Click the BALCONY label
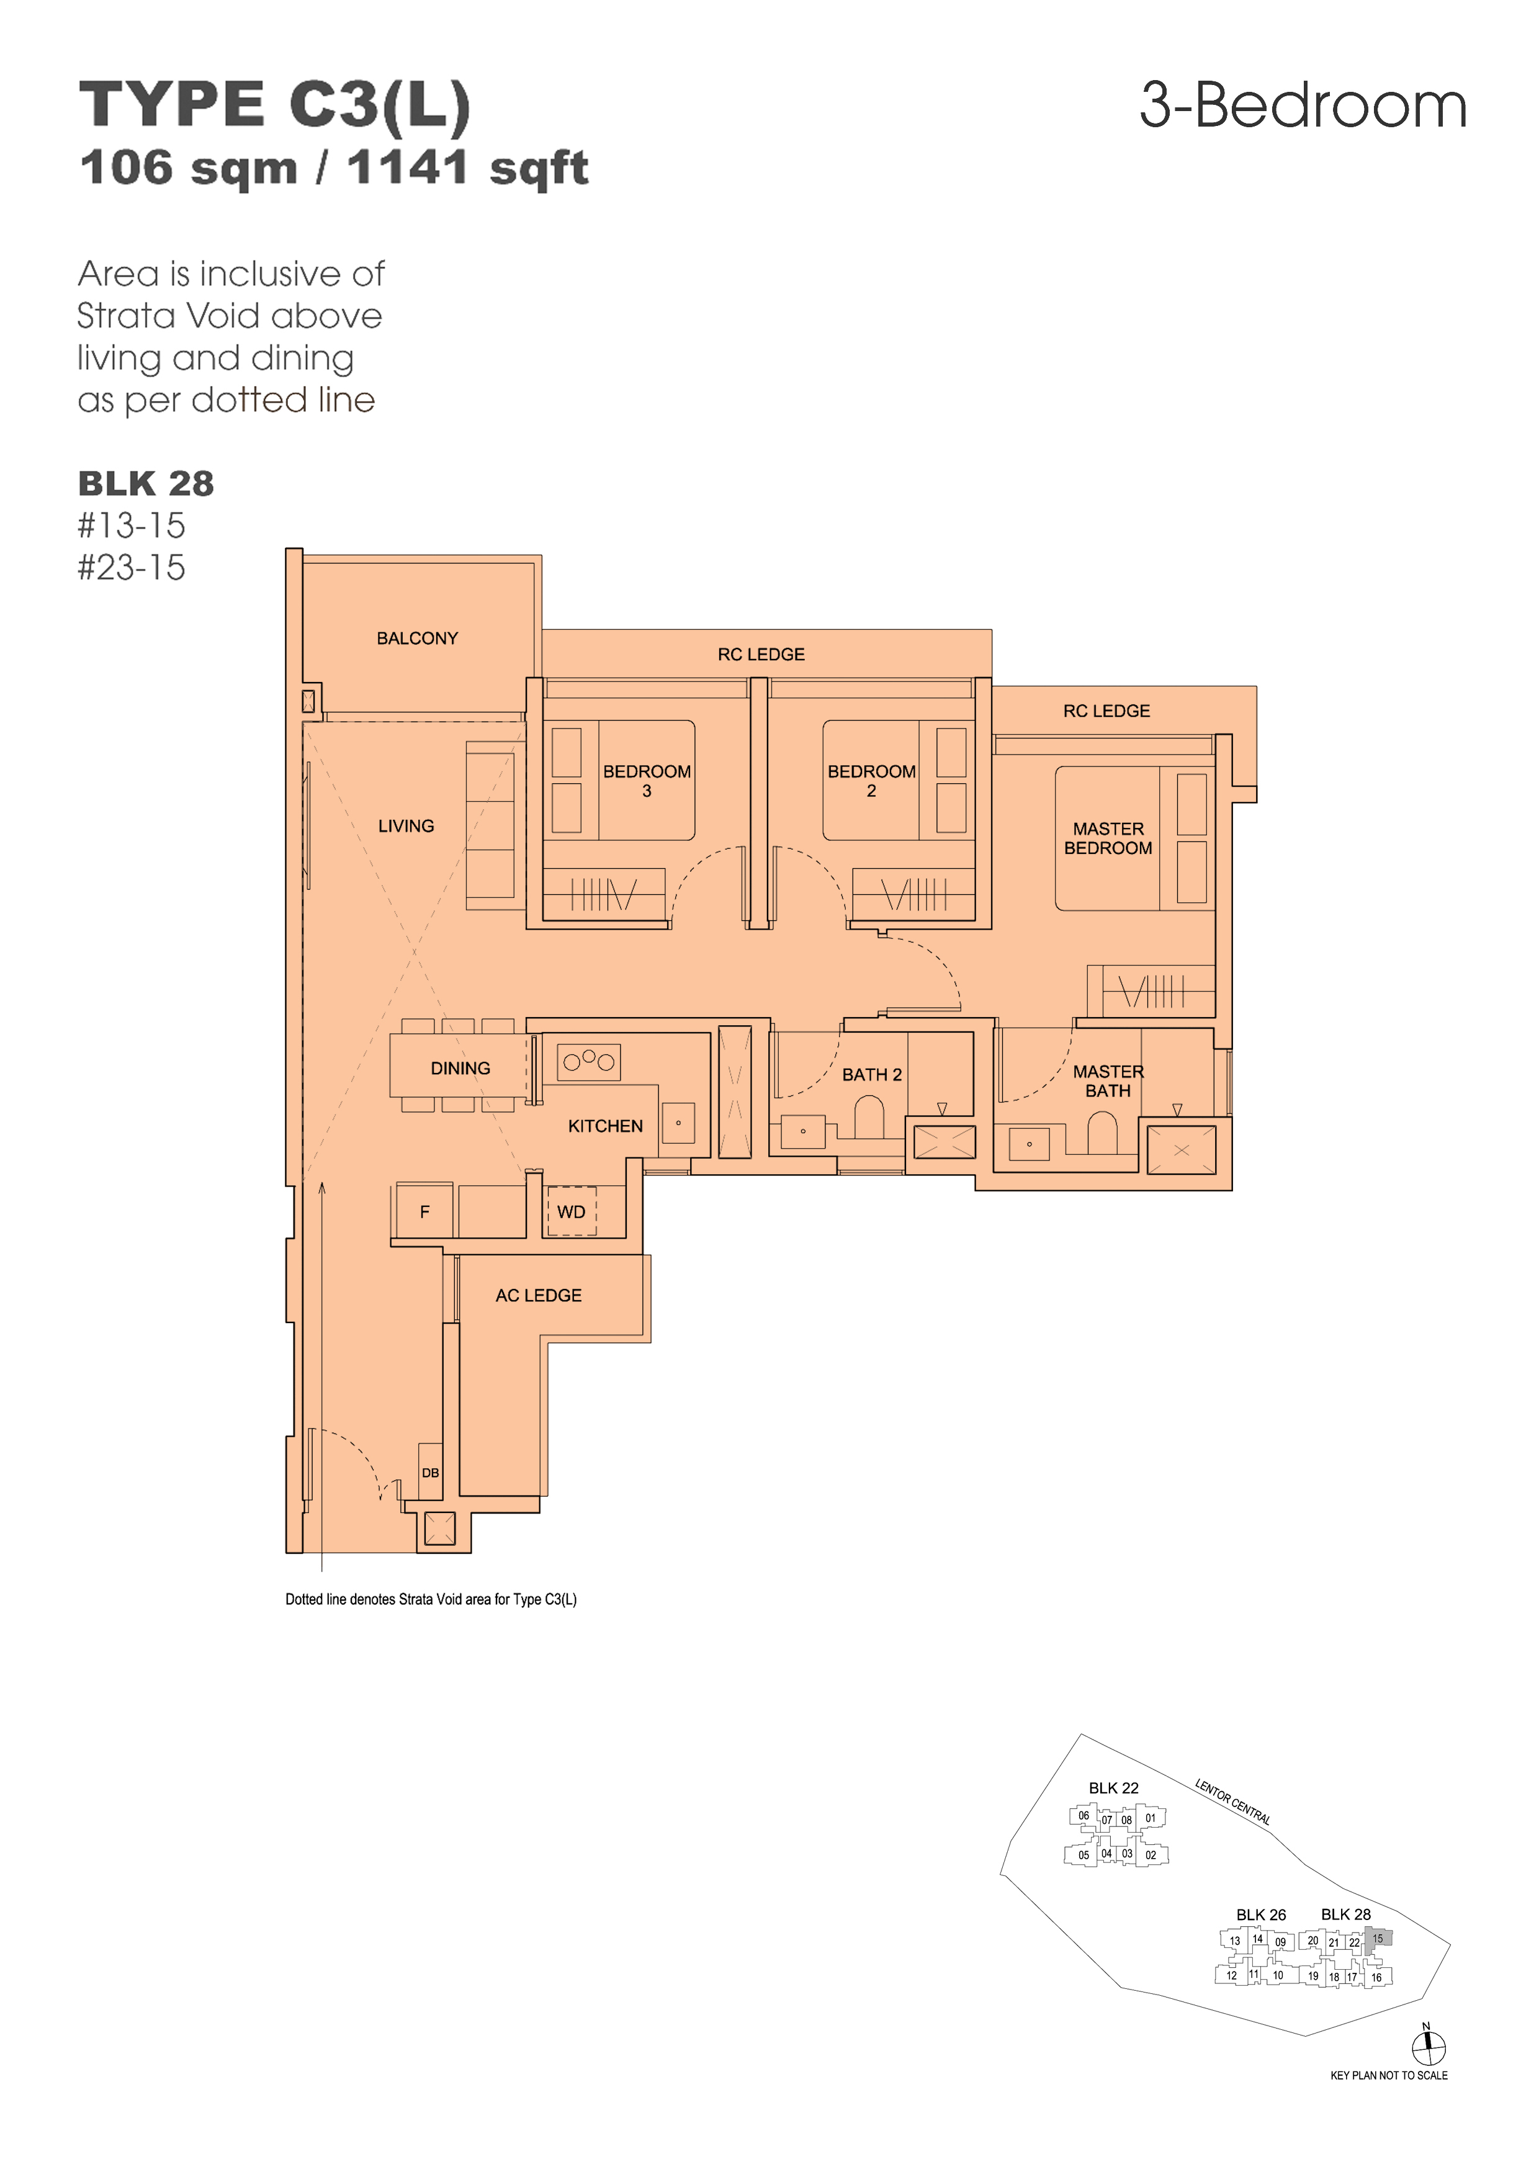[417, 638]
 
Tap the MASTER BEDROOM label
[1108, 838]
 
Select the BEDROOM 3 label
[647, 780]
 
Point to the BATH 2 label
[871, 1074]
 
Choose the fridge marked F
[424, 1210]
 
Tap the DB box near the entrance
[431, 1473]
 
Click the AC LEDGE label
[539, 1295]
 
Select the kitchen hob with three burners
[589, 1062]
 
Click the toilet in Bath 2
[869, 1117]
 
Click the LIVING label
[406, 826]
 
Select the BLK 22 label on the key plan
[1113, 1789]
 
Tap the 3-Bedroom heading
[1303, 105]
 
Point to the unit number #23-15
[132, 567]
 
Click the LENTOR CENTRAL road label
[1232, 1802]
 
